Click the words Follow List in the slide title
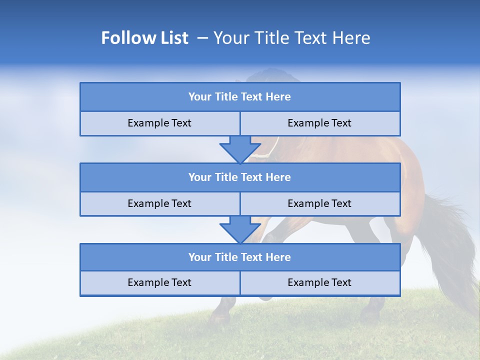point(144,38)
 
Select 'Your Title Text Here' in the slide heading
point(291,38)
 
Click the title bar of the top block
point(239,97)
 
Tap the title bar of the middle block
point(239,177)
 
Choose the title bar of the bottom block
point(239,257)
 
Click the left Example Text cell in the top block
point(159,123)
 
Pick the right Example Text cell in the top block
point(319,123)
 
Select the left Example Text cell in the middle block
point(159,204)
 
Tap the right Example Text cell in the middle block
point(319,204)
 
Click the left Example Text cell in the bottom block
point(159,283)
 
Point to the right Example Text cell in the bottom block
point(319,283)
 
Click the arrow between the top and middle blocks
point(240,149)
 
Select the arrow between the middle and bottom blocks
point(240,229)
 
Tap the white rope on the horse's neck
point(270,149)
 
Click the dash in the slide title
point(202,38)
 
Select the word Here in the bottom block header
point(278,257)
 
